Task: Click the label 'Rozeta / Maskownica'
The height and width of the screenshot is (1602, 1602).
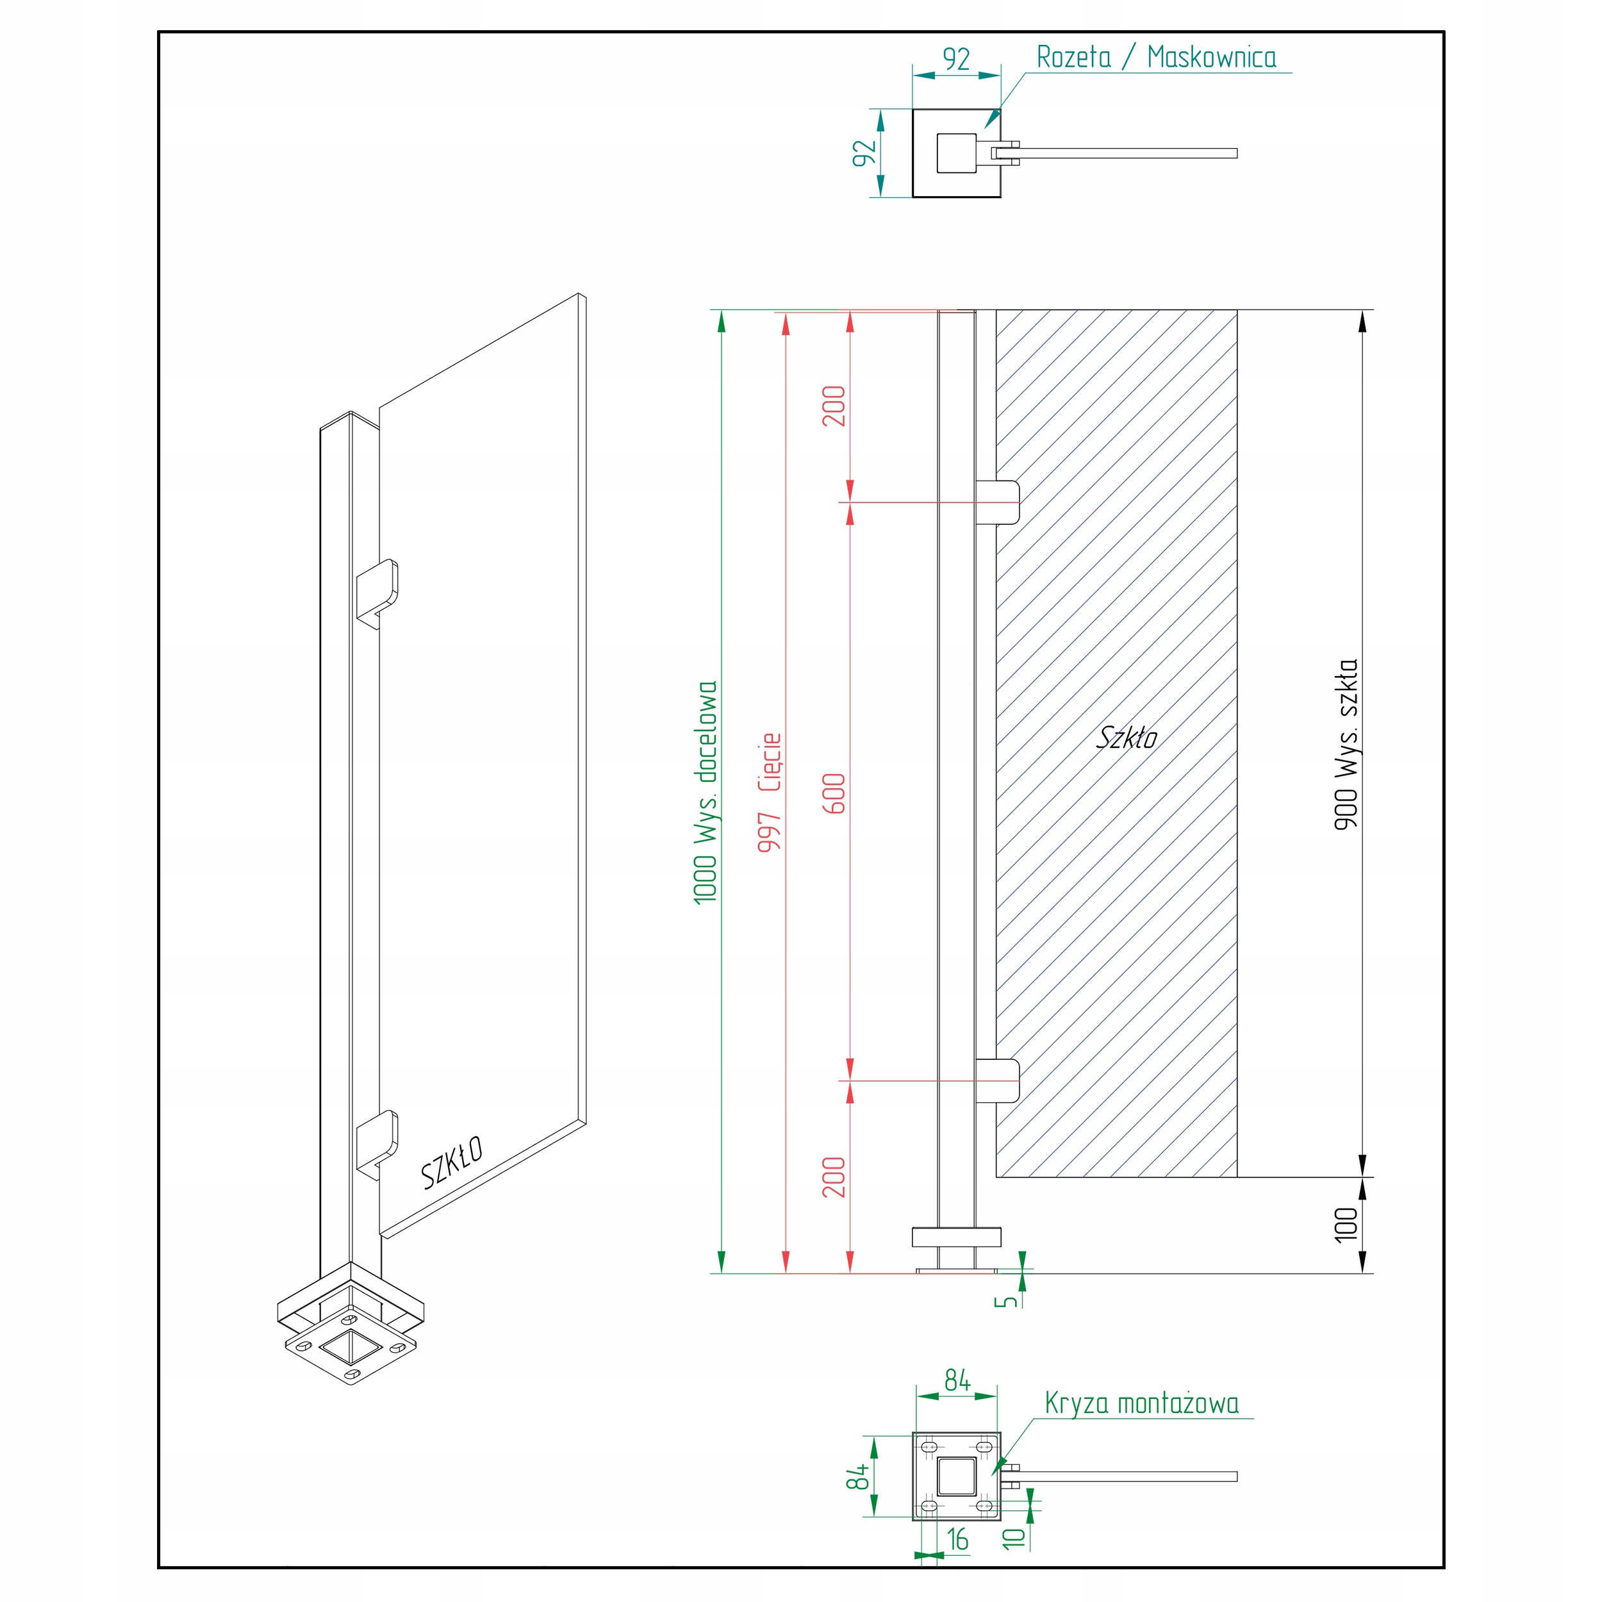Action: point(1156,57)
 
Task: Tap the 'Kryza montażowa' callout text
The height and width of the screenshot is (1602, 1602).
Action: point(1141,1403)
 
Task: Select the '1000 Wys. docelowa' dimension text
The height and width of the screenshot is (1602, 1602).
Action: point(706,792)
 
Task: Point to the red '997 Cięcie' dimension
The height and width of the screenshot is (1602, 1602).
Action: point(770,792)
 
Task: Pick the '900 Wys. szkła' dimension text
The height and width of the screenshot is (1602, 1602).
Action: point(1346,744)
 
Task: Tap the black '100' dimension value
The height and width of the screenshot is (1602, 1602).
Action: point(1346,1225)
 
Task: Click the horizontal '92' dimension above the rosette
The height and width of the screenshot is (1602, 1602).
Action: point(956,59)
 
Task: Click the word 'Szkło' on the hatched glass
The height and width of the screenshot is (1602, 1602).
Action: point(1127,737)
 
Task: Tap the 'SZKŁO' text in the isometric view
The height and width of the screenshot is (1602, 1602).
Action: point(452,1162)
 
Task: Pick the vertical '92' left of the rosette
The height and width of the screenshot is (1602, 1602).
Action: point(864,153)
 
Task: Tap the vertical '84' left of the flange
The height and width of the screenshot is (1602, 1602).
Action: point(857,1476)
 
